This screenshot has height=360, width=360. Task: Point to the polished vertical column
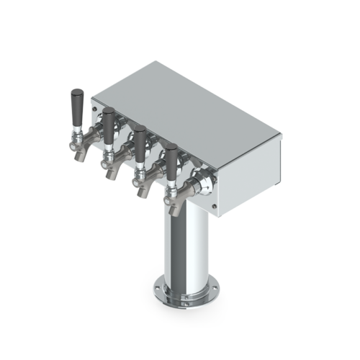179,245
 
